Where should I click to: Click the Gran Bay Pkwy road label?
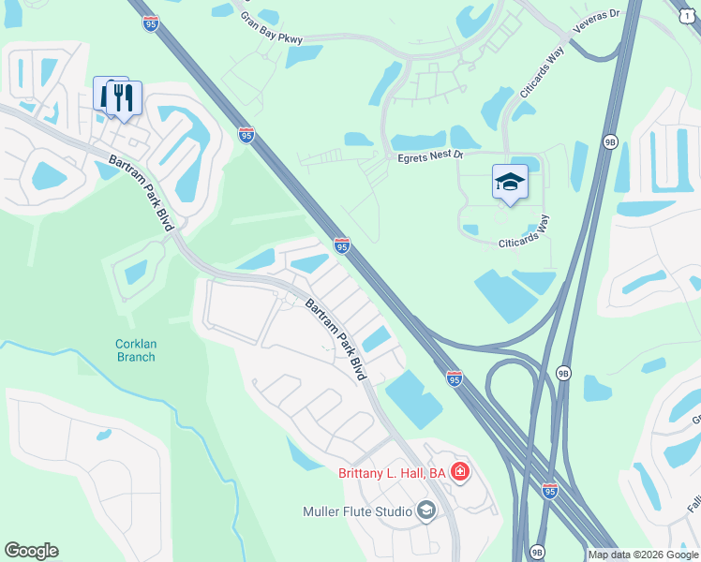tap(271, 30)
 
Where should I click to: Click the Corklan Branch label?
tap(136, 350)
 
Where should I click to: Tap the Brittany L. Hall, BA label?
tap(392, 473)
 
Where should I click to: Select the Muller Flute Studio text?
tap(358, 511)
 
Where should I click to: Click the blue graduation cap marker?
tap(510, 182)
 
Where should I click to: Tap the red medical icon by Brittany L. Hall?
tap(459, 472)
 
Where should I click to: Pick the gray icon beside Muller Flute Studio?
tap(426, 510)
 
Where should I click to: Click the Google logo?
tap(31, 550)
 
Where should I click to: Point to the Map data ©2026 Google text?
tap(643, 555)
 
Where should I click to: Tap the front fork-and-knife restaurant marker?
tap(124, 96)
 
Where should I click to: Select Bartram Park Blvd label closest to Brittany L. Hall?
tap(335, 338)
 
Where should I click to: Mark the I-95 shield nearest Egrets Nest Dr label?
tap(342, 245)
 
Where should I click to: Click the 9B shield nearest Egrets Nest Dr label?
tap(610, 142)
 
